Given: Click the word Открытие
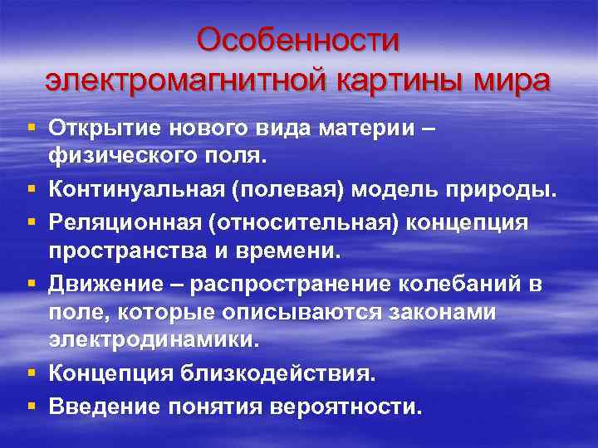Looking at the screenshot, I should (105, 129).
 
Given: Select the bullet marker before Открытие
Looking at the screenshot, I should (31, 129).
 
